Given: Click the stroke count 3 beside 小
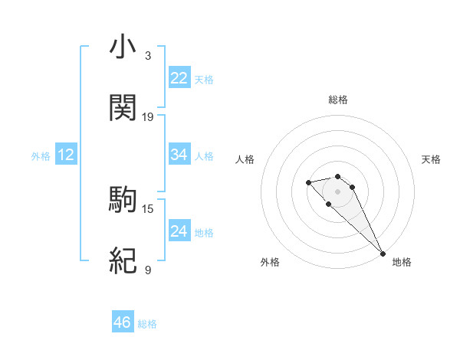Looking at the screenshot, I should tap(148, 56).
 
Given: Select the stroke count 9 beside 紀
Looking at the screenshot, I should tap(148, 270).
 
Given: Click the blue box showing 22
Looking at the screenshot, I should tap(179, 78).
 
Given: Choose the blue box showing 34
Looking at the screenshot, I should tap(179, 155).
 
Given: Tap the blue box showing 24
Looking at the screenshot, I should tap(179, 231).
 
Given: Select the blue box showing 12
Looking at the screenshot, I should tap(66, 155).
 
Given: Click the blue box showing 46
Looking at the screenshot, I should tap(123, 322).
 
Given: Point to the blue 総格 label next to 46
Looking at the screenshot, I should tap(148, 324).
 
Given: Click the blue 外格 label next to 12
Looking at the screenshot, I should tap(41, 156).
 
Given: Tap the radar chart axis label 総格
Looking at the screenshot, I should tap(338, 100).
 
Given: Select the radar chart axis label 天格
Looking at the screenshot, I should tap(432, 159).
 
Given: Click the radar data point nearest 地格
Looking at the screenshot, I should tap(383, 254).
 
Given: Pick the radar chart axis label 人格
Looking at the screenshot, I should tap(245, 159).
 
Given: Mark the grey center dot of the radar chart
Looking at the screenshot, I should tap(337, 191).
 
